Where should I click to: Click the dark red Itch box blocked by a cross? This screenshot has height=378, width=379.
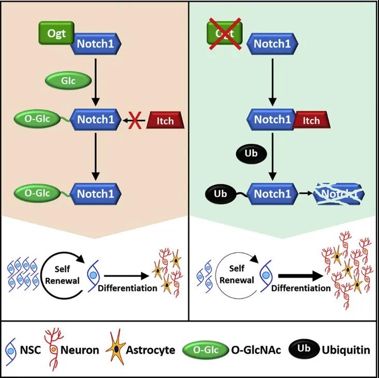[x=167, y=120]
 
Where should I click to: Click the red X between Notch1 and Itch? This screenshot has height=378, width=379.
[x=136, y=120]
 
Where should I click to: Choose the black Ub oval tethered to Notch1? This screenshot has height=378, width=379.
[x=217, y=195]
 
